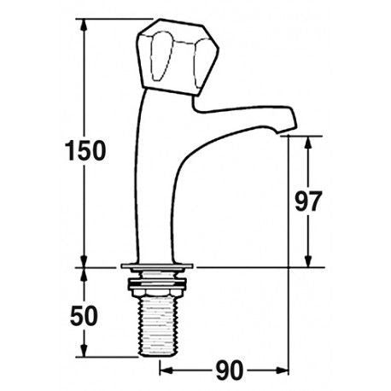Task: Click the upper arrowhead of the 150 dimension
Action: click(85, 26)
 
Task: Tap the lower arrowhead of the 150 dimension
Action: click(85, 261)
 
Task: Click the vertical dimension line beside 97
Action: click(309, 171)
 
